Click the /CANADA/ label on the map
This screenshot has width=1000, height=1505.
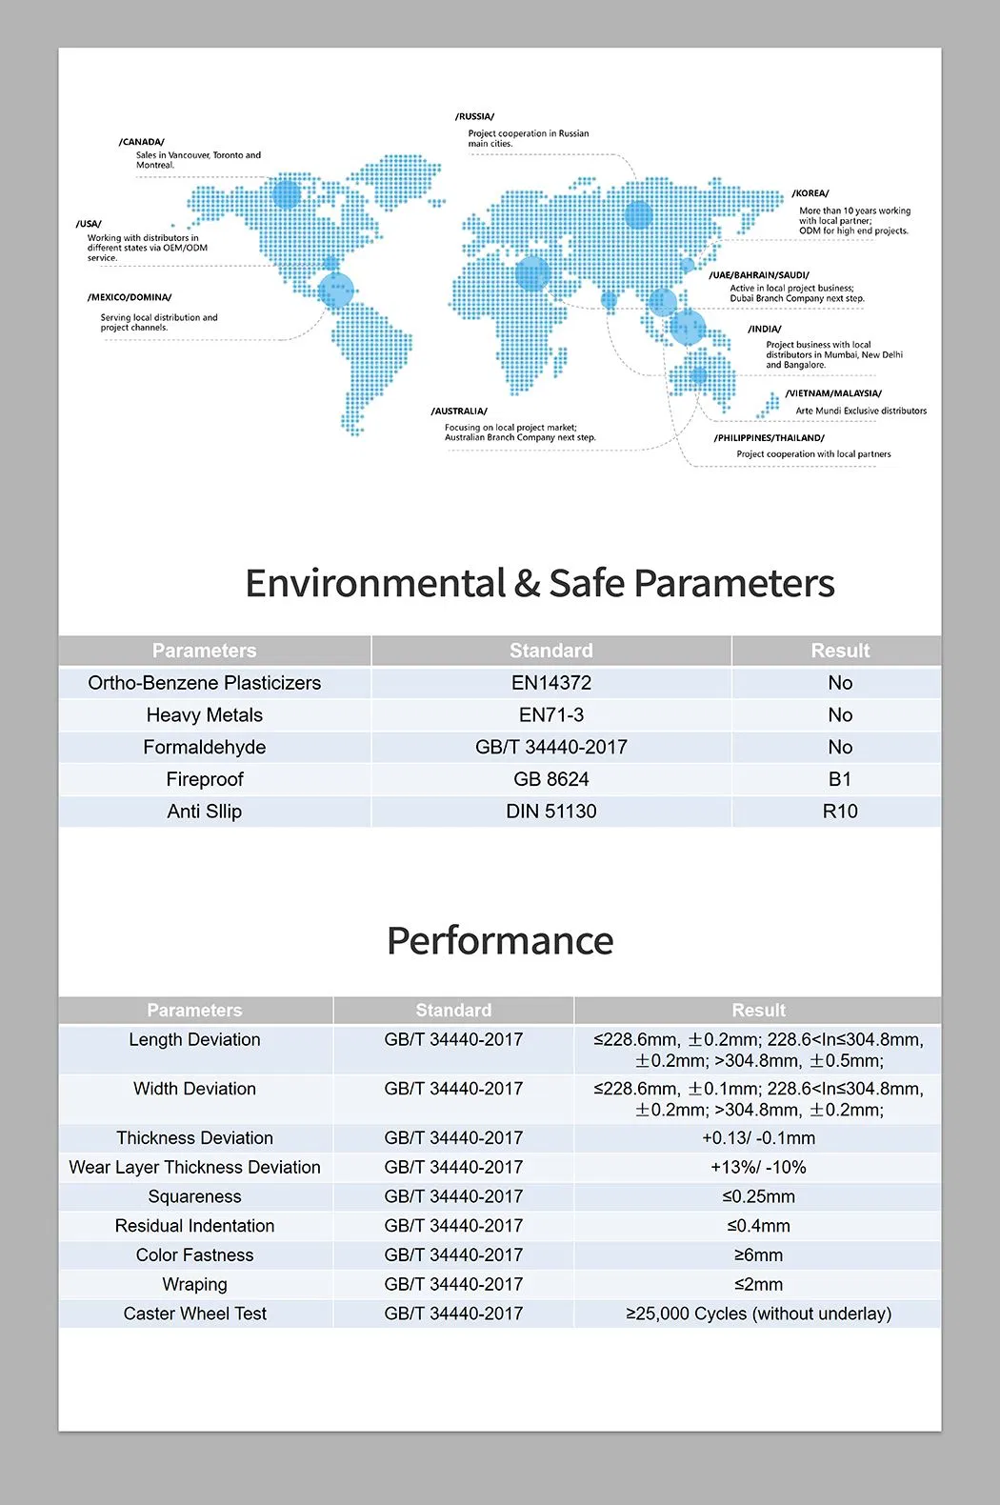[142, 142]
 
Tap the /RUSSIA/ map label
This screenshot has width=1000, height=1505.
[474, 116]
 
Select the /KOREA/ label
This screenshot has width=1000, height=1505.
[810, 193]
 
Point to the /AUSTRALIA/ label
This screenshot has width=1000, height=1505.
[459, 411]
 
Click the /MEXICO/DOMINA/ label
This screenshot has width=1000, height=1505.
[130, 297]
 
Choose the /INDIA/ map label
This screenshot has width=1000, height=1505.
[765, 329]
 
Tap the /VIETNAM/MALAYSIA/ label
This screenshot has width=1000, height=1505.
[833, 393]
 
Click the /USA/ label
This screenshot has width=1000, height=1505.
[89, 224]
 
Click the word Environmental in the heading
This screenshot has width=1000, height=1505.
[375, 583]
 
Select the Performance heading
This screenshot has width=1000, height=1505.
[500, 941]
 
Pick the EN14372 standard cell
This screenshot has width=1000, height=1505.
[550, 683]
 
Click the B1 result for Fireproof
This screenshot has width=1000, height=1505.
[839, 779]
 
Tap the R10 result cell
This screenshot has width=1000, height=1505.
[839, 812]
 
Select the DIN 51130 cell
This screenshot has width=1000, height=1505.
[550, 812]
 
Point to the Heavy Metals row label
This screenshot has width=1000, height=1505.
[204, 715]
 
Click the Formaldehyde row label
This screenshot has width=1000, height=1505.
[204, 748]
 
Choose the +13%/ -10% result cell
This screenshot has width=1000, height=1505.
[758, 1167]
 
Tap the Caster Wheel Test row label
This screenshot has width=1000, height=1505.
[194, 1314]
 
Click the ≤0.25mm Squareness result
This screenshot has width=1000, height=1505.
[758, 1196]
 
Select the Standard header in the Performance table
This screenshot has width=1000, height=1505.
[453, 1010]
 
